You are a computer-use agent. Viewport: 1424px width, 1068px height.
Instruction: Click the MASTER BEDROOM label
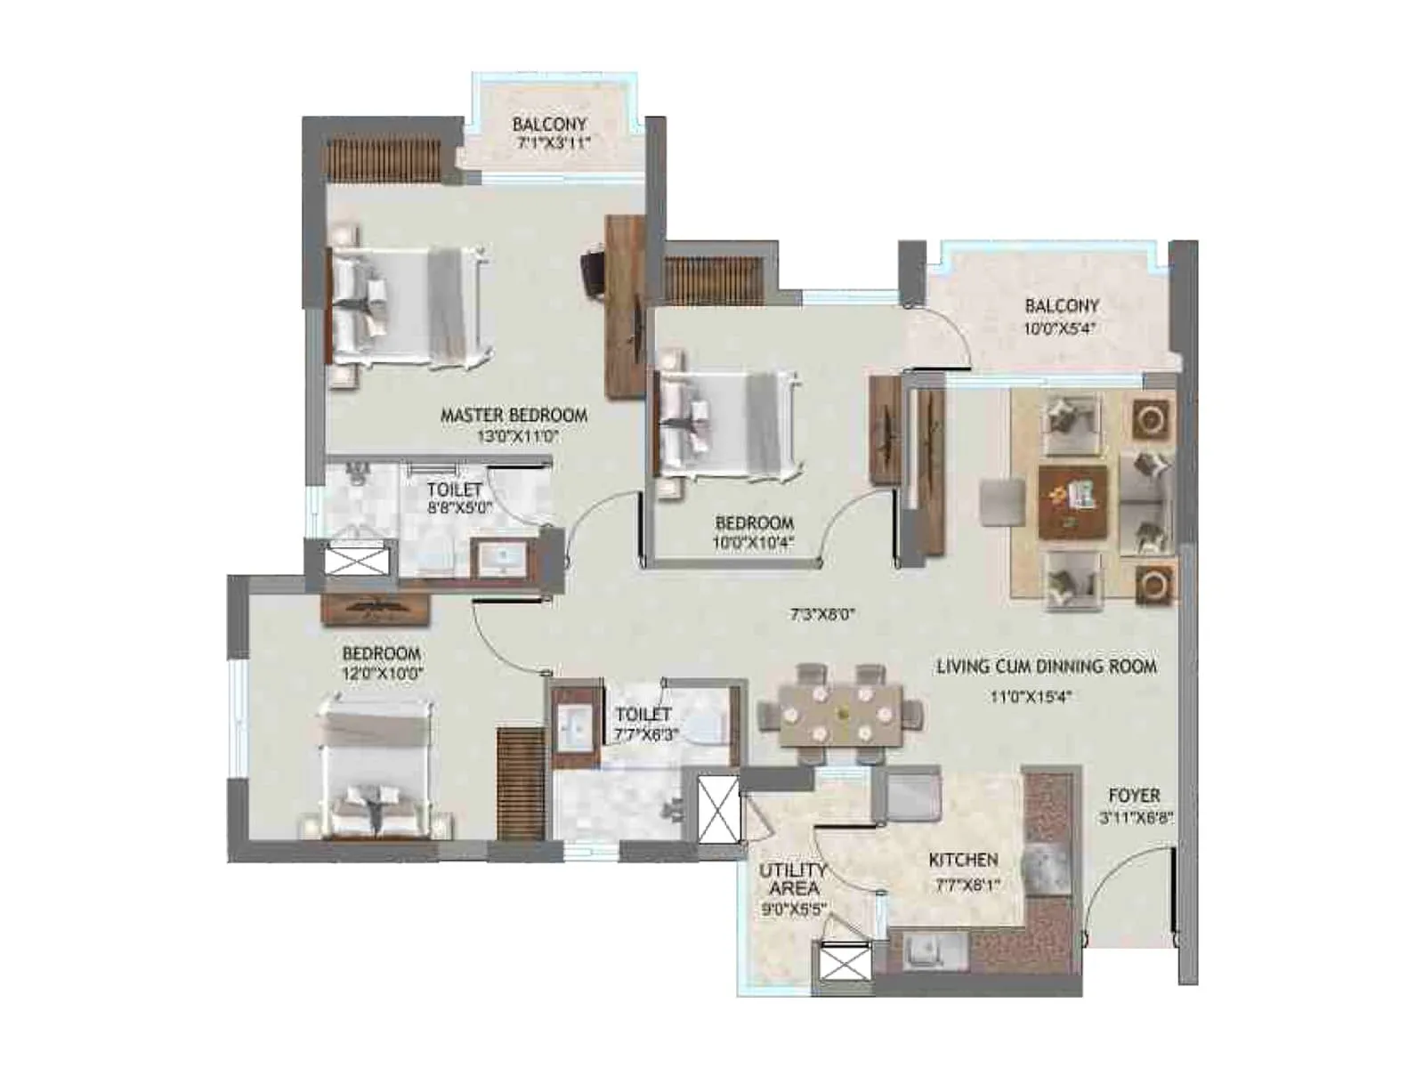tap(514, 415)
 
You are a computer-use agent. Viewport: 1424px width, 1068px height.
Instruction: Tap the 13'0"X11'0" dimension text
tap(517, 437)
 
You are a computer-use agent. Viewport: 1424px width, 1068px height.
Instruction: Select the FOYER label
tap(1134, 795)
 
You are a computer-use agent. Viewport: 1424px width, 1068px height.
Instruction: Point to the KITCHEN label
tap(963, 860)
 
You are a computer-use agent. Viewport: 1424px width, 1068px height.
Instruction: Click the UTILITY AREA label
tap(793, 879)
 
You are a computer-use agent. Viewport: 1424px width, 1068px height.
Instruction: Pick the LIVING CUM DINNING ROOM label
tap(1047, 667)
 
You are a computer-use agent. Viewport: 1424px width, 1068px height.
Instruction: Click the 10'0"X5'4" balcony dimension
tap(1059, 328)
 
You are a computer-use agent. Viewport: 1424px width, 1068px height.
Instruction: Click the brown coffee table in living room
tap(1072, 502)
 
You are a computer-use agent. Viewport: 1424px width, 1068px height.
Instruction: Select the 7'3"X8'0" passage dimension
tap(822, 614)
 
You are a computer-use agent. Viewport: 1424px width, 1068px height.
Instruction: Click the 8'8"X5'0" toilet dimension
tap(459, 509)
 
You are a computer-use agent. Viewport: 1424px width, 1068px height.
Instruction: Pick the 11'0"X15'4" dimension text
tap(1031, 697)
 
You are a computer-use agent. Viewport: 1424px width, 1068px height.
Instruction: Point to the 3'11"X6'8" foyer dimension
tap(1136, 817)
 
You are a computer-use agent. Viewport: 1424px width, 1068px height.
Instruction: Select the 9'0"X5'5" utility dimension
tap(794, 910)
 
